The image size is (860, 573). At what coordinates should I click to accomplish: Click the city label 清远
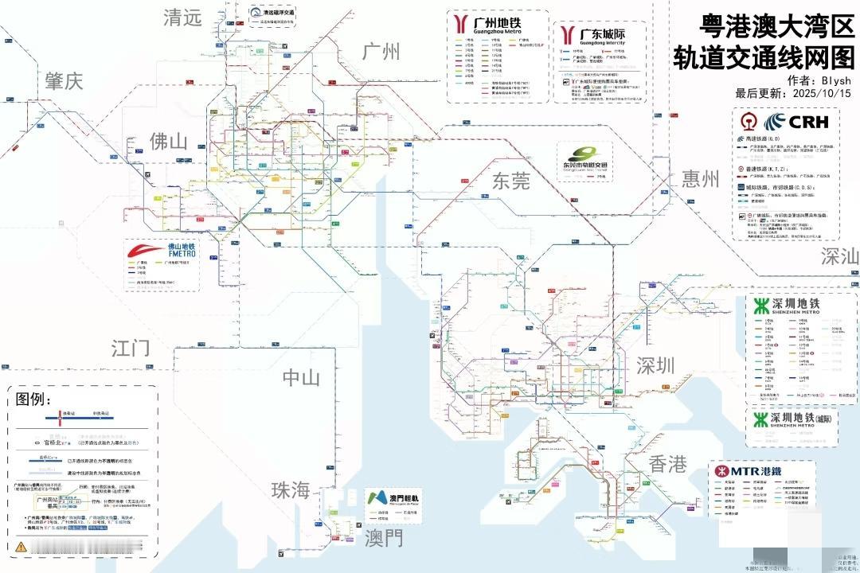(183, 18)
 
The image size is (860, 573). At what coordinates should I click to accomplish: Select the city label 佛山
(169, 142)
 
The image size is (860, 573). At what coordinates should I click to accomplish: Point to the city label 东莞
(510, 181)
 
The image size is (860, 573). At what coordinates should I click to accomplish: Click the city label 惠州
(700, 179)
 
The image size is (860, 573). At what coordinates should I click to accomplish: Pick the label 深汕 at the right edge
(840, 256)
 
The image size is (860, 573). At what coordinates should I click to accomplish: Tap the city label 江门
(131, 348)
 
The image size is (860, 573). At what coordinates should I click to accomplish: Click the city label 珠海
(290, 490)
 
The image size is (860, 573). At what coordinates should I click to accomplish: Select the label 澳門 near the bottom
(384, 539)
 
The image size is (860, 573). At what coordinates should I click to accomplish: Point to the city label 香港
(667, 464)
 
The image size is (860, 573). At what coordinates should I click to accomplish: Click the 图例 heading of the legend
(33, 400)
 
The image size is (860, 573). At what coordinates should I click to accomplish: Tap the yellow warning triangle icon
(21, 546)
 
